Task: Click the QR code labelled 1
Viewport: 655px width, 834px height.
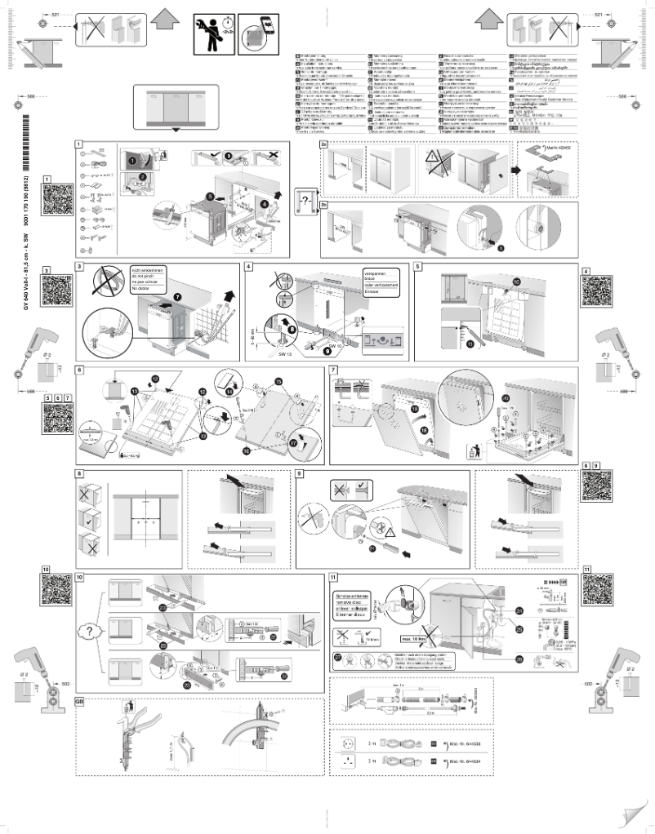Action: [53, 199]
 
